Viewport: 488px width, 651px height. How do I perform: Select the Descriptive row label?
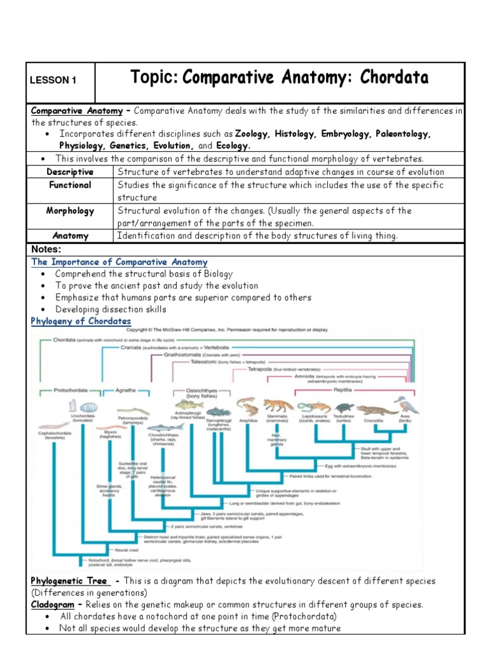(x=70, y=172)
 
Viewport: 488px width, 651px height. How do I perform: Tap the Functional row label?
(x=70, y=185)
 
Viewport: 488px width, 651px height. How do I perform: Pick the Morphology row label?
(x=70, y=210)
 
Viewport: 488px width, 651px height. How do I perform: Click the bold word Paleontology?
(x=402, y=134)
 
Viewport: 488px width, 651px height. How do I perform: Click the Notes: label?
(x=47, y=249)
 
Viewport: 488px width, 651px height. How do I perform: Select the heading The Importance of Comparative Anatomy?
(x=119, y=262)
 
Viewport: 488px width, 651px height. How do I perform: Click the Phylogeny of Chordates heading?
(x=81, y=321)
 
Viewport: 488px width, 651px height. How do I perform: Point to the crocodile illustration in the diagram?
(x=373, y=410)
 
